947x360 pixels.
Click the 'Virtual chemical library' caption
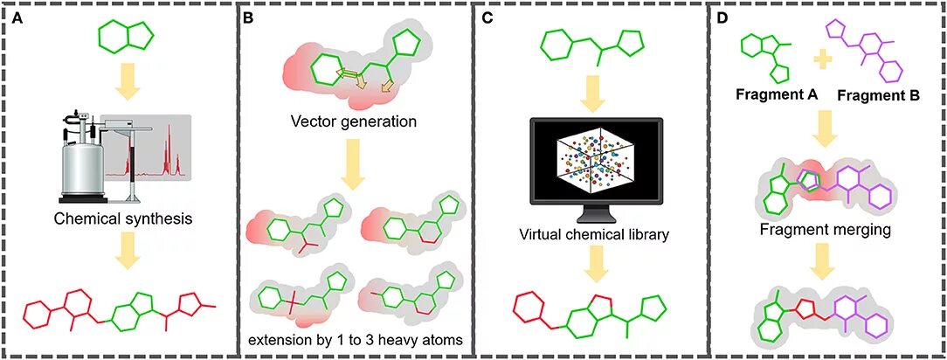591,233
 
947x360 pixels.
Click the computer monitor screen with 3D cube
591,167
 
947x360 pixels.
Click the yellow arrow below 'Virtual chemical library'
591,262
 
